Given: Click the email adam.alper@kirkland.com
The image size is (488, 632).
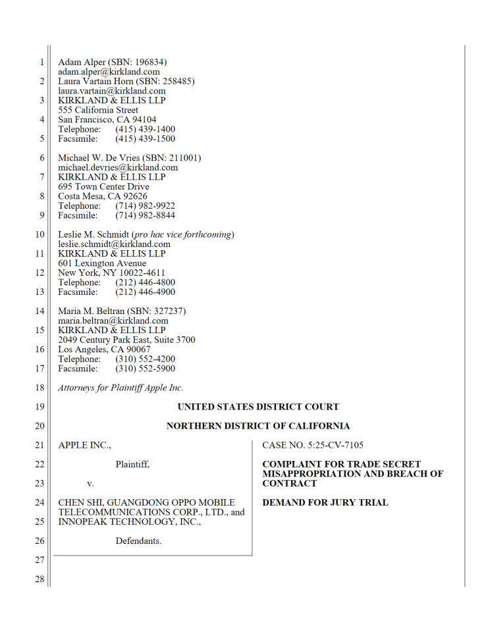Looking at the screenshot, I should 109,71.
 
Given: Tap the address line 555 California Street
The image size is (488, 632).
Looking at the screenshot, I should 98,110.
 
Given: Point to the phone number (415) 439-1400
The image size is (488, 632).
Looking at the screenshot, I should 145,130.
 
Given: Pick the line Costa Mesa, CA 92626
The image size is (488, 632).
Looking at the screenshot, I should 103,196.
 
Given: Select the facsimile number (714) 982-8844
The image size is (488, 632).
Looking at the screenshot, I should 145,215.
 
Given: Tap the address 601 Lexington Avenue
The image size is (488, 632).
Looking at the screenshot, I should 102,263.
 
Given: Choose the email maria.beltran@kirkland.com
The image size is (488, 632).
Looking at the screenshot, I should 113,321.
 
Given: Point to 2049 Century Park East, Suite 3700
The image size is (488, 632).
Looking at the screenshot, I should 126,340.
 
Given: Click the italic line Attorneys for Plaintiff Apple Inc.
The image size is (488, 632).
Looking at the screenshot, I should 121,388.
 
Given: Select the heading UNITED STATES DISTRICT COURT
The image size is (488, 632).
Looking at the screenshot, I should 258,407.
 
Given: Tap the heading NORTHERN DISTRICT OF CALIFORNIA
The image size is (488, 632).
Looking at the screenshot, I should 258,426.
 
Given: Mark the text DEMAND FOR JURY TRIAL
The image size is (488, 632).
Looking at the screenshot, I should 325,503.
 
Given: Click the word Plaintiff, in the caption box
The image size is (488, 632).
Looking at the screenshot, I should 132,465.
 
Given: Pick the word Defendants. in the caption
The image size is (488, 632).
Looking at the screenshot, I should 138,541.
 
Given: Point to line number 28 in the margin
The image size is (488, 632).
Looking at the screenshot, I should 40,579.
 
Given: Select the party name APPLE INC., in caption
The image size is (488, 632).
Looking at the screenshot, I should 85,446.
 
